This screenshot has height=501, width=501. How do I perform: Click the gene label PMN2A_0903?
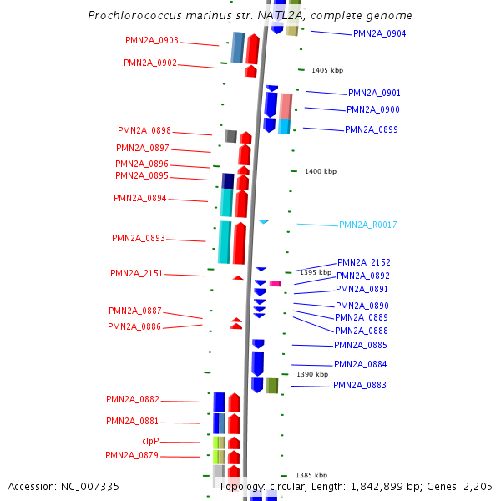point(152,40)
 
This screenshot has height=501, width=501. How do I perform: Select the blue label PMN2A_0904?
point(379,34)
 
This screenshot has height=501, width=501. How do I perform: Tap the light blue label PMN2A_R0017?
point(367,225)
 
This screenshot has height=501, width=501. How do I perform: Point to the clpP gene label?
point(150,441)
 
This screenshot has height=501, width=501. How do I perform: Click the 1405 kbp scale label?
point(326,71)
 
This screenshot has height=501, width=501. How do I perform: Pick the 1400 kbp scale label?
point(320,171)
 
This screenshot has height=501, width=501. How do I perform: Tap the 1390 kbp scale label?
point(311,375)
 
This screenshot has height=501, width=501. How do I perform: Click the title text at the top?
point(250,16)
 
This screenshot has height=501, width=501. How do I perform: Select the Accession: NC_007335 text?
point(63,487)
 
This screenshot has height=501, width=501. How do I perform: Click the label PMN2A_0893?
point(139,239)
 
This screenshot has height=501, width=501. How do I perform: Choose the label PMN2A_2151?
point(137,274)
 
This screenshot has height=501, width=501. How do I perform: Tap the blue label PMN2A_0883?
point(360,386)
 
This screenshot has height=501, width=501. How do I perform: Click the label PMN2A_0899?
point(372,130)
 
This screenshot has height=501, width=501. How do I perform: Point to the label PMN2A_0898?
point(144,131)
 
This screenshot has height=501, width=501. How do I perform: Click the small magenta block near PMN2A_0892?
point(275,284)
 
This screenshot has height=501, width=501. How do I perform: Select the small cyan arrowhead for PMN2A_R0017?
point(263,221)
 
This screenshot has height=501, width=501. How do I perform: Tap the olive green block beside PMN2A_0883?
point(272,386)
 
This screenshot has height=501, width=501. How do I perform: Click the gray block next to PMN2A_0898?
point(230,136)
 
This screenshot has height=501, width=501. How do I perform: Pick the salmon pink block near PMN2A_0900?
point(286,106)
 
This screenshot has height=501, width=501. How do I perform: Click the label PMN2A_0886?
point(134,326)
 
